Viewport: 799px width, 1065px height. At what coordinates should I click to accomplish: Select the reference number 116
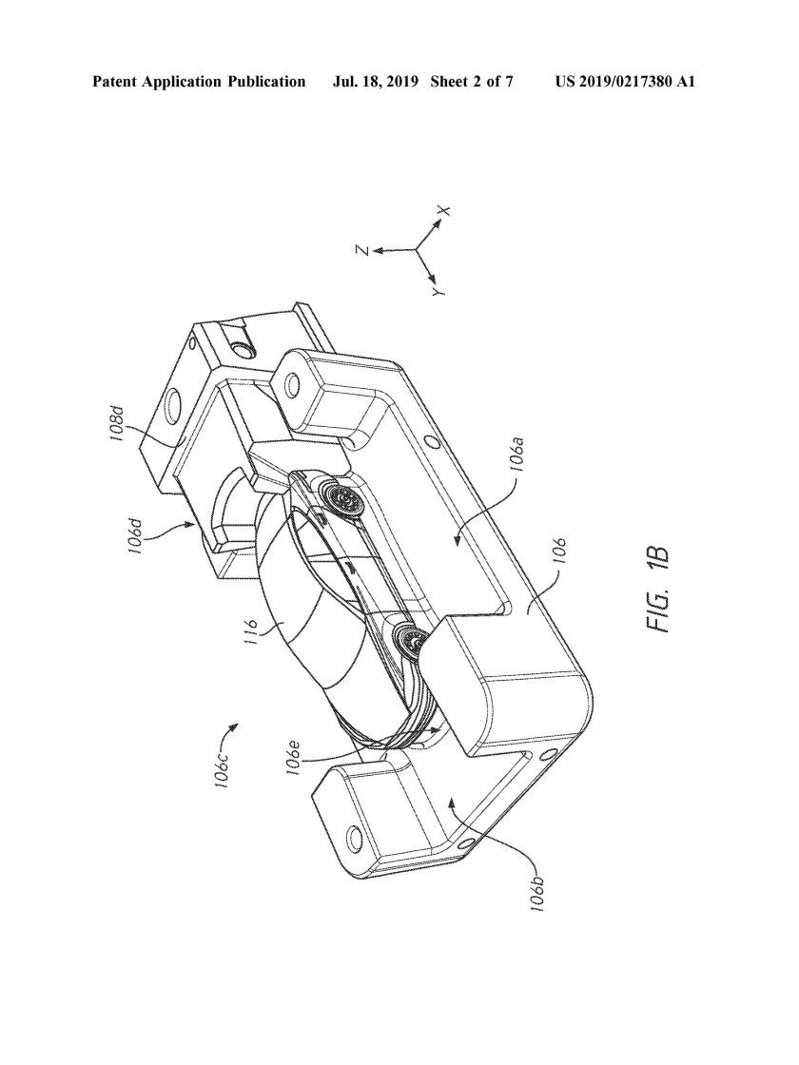(x=252, y=631)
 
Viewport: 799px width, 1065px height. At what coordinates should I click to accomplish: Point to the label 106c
(x=223, y=769)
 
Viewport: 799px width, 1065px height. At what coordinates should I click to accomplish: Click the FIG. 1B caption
(x=659, y=590)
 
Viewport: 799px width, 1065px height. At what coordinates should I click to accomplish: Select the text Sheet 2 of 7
(x=472, y=82)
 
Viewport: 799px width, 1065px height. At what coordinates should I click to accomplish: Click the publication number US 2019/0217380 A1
(x=625, y=82)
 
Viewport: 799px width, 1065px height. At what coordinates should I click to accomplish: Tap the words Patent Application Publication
(x=199, y=82)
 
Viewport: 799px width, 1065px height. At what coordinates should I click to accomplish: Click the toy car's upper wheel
(x=343, y=500)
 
